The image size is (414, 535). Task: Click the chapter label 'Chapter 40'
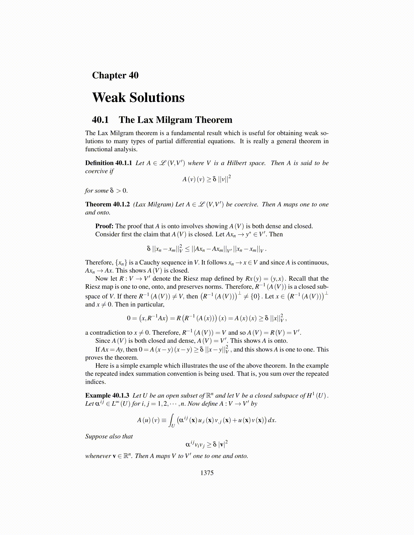[x=115, y=75]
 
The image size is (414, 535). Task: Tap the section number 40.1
[x=100, y=120]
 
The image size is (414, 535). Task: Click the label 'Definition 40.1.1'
[x=109, y=163]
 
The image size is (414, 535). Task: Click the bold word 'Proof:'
[x=104, y=226]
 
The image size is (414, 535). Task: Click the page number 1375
[x=207, y=473]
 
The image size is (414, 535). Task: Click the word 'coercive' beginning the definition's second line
[x=96, y=171]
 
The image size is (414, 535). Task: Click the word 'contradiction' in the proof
[x=111, y=333]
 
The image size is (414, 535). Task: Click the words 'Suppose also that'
[x=109, y=436]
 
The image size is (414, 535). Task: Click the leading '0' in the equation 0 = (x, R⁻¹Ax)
[x=129, y=318]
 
